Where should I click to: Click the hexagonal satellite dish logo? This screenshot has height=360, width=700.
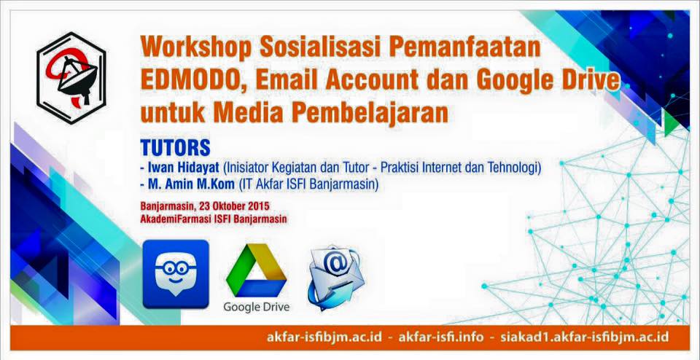point(71,78)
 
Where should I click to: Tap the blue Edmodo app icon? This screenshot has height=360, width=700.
point(176,274)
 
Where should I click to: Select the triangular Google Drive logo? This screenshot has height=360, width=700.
point(256,270)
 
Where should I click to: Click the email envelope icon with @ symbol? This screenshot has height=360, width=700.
point(335,277)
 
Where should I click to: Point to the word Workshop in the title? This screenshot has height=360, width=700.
point(196,47)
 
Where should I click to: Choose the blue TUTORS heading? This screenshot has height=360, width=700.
point(175,148)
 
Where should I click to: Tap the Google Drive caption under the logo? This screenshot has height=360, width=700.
point(256,307)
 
